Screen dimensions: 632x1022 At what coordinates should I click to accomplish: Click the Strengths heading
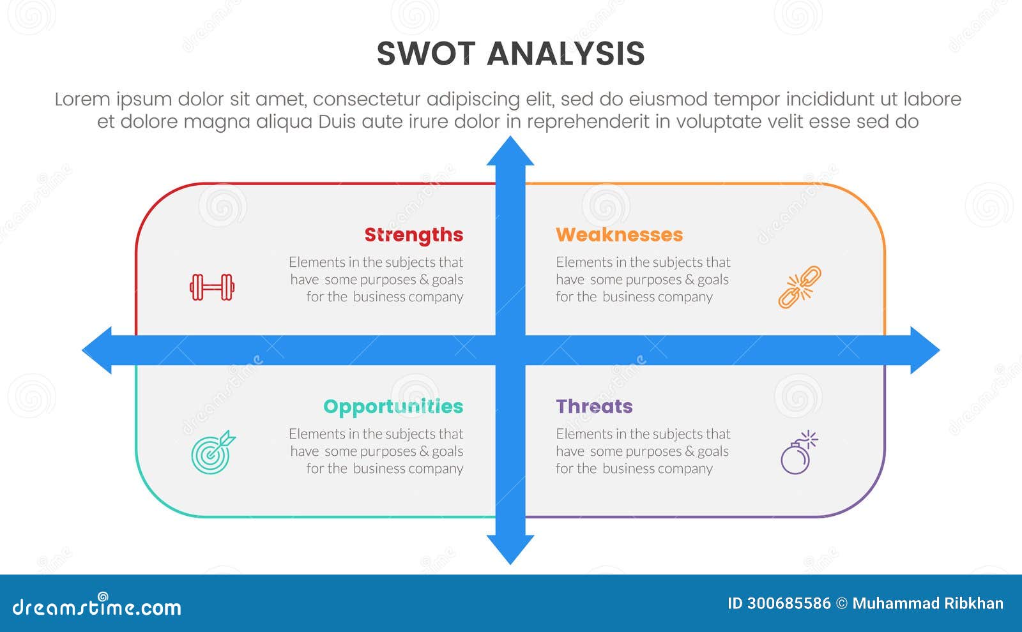413,235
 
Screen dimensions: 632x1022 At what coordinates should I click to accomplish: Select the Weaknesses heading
619,235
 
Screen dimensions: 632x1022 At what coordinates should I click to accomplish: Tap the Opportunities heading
393,407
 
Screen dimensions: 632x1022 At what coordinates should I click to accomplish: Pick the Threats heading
594,407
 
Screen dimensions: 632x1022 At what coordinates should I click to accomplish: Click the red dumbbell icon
212,287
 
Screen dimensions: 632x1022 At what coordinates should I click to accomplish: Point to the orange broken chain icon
799,287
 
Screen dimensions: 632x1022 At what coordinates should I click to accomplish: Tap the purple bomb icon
798,453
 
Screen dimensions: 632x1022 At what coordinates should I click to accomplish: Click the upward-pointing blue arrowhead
510,152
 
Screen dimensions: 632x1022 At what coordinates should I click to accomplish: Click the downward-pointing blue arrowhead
510,548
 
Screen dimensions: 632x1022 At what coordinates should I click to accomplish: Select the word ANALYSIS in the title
565,54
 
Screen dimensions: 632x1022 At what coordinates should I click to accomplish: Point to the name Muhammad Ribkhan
927,604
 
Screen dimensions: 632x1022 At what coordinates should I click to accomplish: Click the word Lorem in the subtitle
82,100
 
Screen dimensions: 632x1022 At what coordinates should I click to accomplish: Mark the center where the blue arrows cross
510,350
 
